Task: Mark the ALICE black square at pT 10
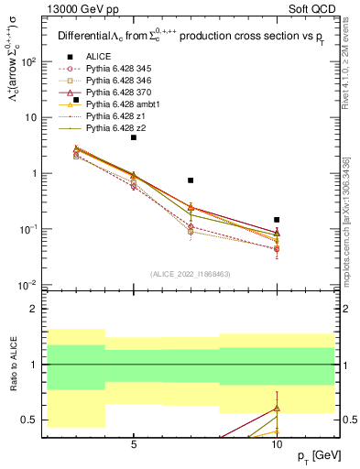click(277, 220)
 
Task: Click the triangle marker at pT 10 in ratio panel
click(277, 409)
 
